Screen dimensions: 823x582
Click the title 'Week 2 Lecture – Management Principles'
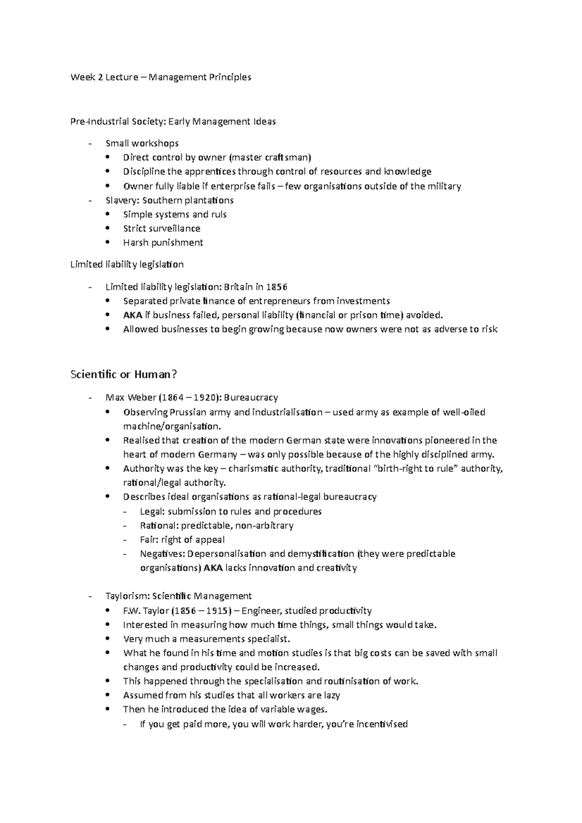161,77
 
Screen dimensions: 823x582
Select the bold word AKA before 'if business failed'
132,316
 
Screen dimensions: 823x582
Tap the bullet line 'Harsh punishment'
162,242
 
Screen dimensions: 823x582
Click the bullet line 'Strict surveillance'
162,228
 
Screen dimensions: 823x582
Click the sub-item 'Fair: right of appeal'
182,540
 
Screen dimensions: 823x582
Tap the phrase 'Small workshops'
142,143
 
